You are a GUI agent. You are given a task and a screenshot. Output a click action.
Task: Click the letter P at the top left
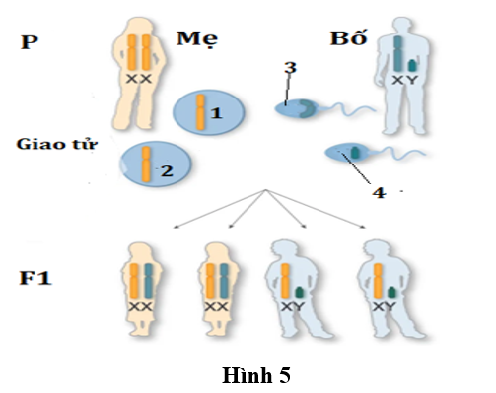(30, 43)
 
